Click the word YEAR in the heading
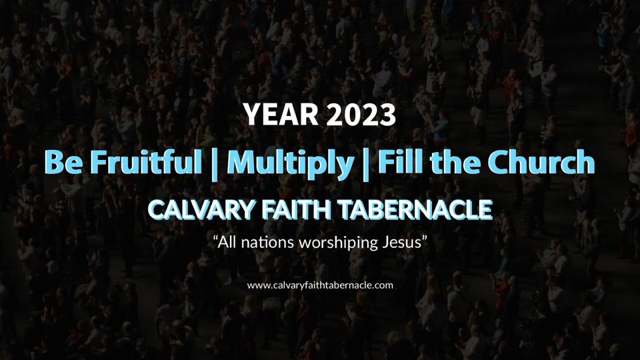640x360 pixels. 281,114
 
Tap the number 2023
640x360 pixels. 361,114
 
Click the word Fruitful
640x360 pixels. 146,161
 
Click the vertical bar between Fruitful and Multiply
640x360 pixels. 214,164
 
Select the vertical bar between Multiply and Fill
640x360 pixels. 366,164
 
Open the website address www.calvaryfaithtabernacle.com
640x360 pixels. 320,285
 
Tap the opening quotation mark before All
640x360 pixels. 215,238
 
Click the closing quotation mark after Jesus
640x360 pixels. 424,238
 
